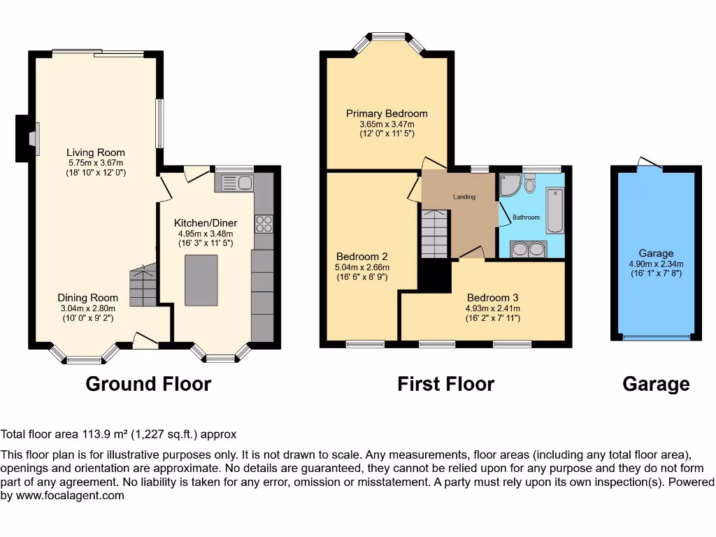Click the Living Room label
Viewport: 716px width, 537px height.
coord(96,152)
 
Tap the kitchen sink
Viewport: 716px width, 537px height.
coord(237,183)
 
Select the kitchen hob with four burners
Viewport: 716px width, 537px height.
coord(264,223)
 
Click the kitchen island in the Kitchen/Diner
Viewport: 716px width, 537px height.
coord(201,280)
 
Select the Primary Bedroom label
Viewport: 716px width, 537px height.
coord(387,113)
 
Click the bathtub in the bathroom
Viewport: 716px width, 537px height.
coord(554,210)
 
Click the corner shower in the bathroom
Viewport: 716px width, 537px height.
coord(508,184)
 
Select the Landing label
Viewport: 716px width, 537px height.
coord(464,197)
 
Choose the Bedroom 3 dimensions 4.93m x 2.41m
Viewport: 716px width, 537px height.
coord(493,308)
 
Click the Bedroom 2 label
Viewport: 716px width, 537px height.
coord(361,256)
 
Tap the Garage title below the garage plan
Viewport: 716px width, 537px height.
coord(656,384)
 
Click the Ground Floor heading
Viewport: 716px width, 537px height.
coord(148,384)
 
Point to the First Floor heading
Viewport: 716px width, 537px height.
coord(445,384)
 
